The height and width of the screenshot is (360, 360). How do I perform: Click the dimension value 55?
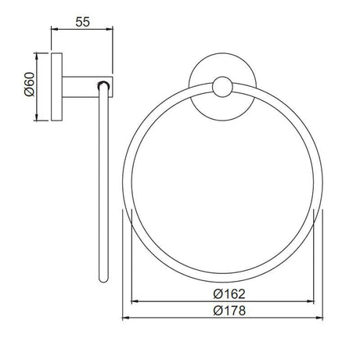pos(82,20)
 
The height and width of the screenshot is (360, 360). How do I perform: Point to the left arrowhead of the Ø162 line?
pos(132,301)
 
